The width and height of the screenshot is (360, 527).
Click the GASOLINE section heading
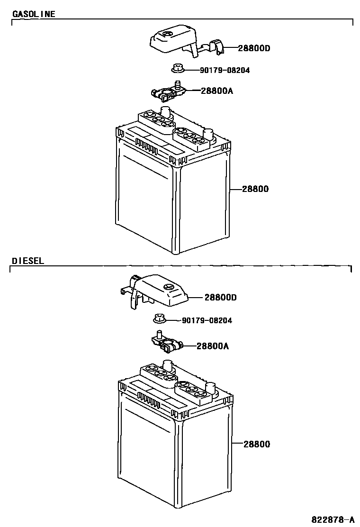point(33,14)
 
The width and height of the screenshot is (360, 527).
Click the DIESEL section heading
point(28,261)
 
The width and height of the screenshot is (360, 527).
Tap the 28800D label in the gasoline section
point(254,48)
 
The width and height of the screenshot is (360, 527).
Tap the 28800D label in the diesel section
point(220,298)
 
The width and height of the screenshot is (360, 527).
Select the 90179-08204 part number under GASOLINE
point(225,71)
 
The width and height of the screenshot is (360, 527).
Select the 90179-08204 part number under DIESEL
point(207,321)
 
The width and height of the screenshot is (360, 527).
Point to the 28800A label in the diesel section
point(213,346)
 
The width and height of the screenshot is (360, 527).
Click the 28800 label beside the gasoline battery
point(255,189)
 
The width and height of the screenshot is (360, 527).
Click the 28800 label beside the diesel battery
point(257,445)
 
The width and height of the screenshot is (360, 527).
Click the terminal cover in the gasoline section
point(173,42)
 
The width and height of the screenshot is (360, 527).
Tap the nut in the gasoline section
point(178,69)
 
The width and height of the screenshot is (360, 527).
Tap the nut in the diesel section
point(160,319)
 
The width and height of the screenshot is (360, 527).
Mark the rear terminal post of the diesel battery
point(167,365)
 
